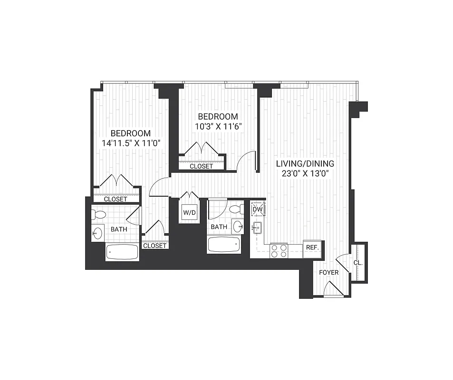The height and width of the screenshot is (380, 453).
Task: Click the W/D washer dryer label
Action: pos(189,213)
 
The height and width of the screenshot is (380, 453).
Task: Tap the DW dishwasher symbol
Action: pos(258,209)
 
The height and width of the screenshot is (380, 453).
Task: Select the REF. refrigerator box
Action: pos(312,248)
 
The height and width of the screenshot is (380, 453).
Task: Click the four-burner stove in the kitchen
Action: pos(279,250)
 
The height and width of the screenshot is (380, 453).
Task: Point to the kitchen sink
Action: pos(257,228)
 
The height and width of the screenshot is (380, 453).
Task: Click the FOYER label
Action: pos(328,273)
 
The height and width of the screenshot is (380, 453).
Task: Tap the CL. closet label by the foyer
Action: pos(358,263)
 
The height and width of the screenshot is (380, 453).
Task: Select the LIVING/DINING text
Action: pos(305,163)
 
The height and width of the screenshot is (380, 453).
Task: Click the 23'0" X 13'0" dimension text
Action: pos(305,173)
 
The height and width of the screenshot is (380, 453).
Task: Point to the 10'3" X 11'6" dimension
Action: pos(218,127)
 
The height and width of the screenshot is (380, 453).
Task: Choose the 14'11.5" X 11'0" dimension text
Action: pos(131,143)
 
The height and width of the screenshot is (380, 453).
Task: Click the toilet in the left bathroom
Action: pos(99,214)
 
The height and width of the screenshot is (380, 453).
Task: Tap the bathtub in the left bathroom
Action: pos(122,252)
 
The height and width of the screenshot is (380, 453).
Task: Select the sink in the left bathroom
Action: pos(97,233)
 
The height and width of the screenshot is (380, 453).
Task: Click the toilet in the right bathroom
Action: pos(237,209)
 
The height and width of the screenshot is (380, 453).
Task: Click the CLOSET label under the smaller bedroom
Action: pos(201,166)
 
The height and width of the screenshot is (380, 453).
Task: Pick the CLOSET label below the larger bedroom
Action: pos(116,199)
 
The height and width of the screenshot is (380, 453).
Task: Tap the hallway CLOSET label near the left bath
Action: pos(154,246)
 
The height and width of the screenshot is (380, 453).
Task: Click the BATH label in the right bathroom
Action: pos(219,227)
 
